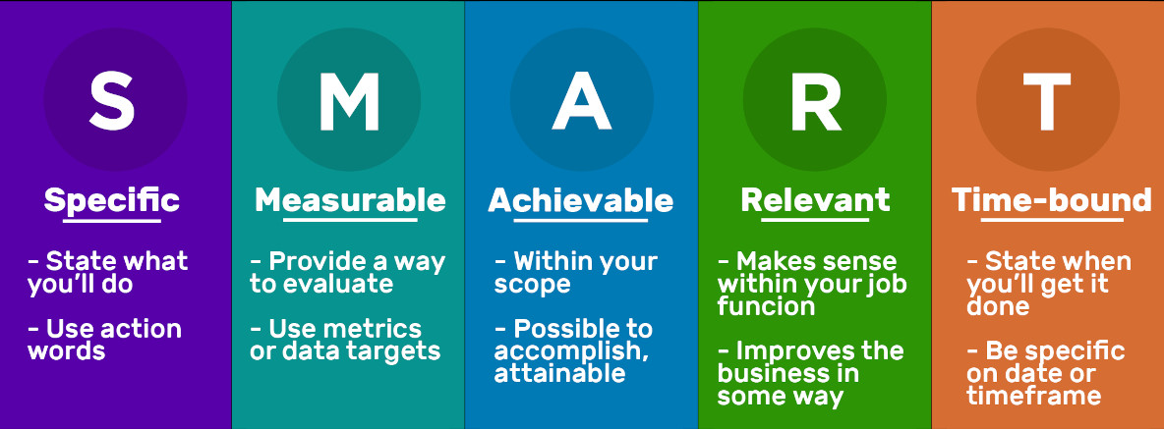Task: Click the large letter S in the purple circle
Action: [112, 100]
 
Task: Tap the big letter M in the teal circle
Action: [349, 101]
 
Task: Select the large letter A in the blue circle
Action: [581, 101]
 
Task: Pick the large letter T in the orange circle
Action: [1047, 101]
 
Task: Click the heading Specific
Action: [111, 200]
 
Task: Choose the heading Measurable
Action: [350, 200]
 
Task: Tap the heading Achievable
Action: [580, 200]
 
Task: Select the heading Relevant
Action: [815, 200]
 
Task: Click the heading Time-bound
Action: [1051, 200]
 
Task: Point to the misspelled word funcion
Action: [766, 306]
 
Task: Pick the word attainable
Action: [559, 373]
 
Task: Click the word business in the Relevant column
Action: [788, 373]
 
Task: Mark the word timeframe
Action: [1033, 395]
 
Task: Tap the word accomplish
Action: [571, 351]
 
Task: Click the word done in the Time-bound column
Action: [998, 306]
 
